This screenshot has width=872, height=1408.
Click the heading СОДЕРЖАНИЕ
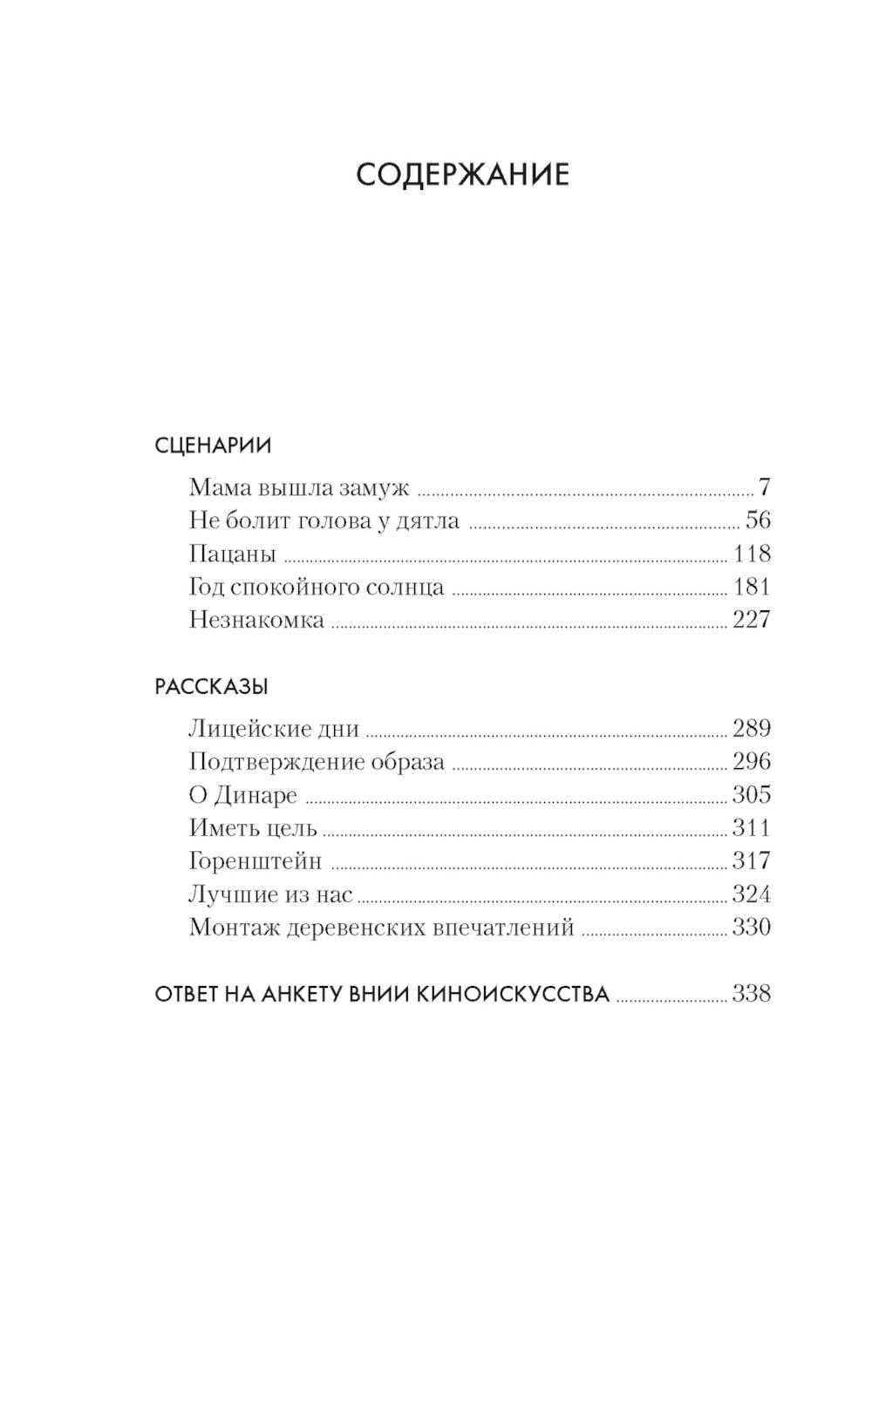click(x=462, y=175)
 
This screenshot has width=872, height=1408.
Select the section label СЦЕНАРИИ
click(x=213, y=446)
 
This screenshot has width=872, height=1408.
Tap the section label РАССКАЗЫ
click(x=211, y=686)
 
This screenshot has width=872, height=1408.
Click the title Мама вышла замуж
click(x=299, y=487)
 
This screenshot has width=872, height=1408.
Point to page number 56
click(x=758, y=520)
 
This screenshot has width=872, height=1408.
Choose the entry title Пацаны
click(x=232, y=554)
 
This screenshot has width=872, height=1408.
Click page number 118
click(x=752, y=554)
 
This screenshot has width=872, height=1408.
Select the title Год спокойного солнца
click(x=317, y=587)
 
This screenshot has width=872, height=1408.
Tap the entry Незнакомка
click(x=256, y=620)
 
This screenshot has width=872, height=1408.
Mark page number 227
click(x=752, y=620)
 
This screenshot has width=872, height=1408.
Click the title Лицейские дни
click(x=274, y=728)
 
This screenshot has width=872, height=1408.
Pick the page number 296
click(x=752, y=761)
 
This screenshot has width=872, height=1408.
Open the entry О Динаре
click(x=243, y=795)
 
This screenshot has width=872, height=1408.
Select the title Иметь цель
click(x=253, y=828)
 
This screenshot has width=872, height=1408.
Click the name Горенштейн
click(x=255, y=861)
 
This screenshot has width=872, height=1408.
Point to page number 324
click(x=752, y=894)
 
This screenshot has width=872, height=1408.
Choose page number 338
click(x=752, y=994)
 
